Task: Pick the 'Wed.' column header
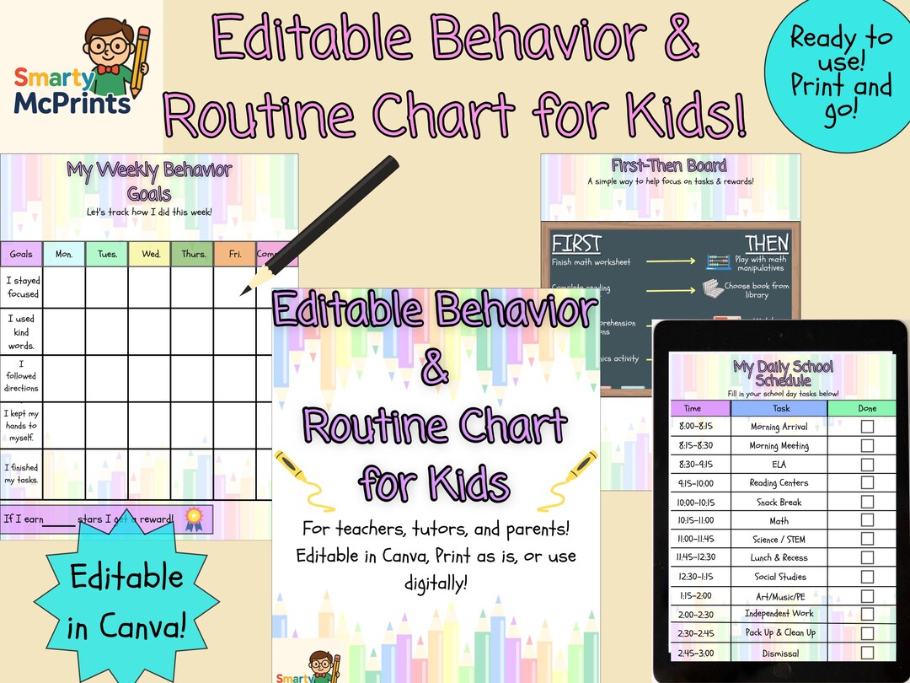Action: tap(150, 254)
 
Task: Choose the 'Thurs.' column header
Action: tap(193, 254)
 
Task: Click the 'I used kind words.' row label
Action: tap(22, 332)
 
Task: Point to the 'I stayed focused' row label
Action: tap(23, 288)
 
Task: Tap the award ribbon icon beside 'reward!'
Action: tap(193, 516)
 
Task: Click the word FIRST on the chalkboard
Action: tap(576, 244)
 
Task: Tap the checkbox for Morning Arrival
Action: tap(867, 427)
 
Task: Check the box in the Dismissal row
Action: tap(867, 652)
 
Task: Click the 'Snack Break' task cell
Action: tap(779, 503)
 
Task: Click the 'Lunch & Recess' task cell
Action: tap(779, 558)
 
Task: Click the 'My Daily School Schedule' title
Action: tap(783, 373)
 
